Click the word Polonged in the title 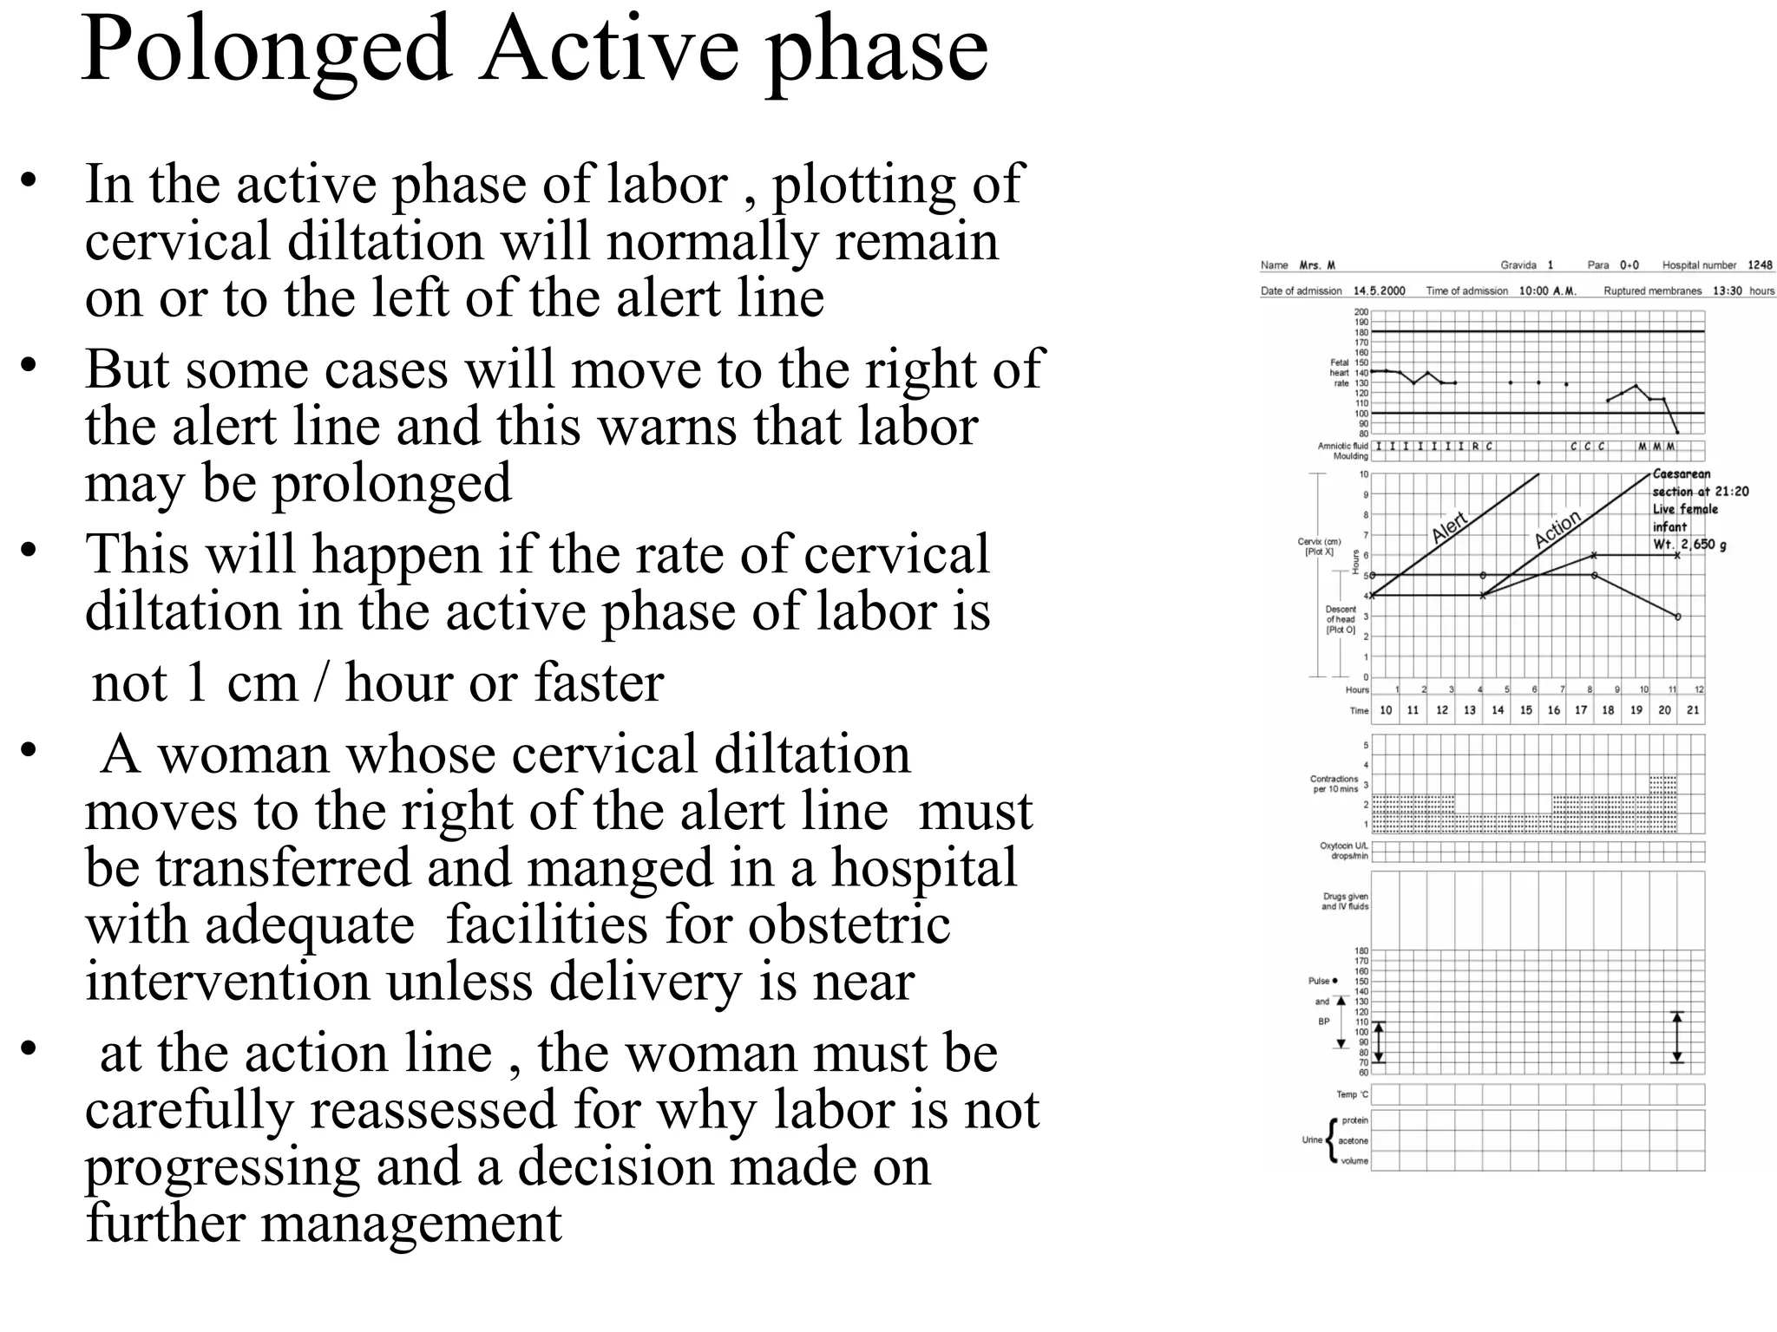[266, 49]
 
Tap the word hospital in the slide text [924, 868]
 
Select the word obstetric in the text [849, 925]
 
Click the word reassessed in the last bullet [432, 1110]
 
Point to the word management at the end [410, 1224]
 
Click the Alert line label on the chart [1448, 527]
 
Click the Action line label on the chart [1557, 528]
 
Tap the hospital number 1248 [1760, 265]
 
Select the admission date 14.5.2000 [1380, 291]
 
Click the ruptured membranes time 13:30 [1727, 291]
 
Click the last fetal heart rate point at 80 [1677, 432]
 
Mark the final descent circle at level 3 [1677, 617]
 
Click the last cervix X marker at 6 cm [1677, 555]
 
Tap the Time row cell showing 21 [1692, 710]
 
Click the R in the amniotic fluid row [1475, 447]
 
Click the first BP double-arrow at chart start [1379, 1041]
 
